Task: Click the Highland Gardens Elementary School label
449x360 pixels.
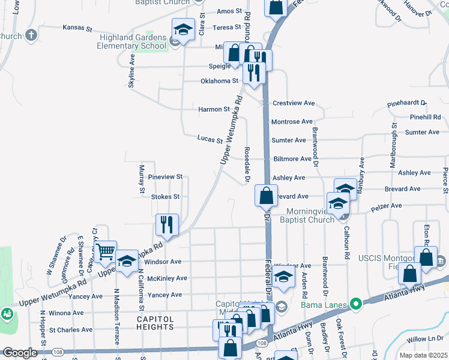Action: click(132, 41)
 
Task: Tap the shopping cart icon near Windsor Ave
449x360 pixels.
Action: click(106, 251)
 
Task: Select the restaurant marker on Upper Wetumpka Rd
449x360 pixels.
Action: click(166, 225)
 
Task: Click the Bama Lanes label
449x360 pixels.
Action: click(328, 305)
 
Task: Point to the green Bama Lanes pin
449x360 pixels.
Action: click(355, 305)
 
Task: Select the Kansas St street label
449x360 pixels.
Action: click(77, 28)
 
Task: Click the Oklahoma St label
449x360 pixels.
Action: click(219, 80)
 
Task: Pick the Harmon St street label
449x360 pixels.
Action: click(214, 109)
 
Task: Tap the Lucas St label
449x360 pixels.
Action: click(210, 139)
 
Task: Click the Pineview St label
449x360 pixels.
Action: click(165, 178)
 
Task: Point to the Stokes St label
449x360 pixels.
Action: click(165, 196)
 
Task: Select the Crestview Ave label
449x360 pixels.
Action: click(294, 103)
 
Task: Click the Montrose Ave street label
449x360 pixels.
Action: click(292, 122)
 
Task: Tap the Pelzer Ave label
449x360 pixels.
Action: click(387, 206)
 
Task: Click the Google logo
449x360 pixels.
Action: click(20, 353)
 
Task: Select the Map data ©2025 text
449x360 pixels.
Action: click(423, 355)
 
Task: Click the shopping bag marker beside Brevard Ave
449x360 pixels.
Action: click(265, 196)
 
